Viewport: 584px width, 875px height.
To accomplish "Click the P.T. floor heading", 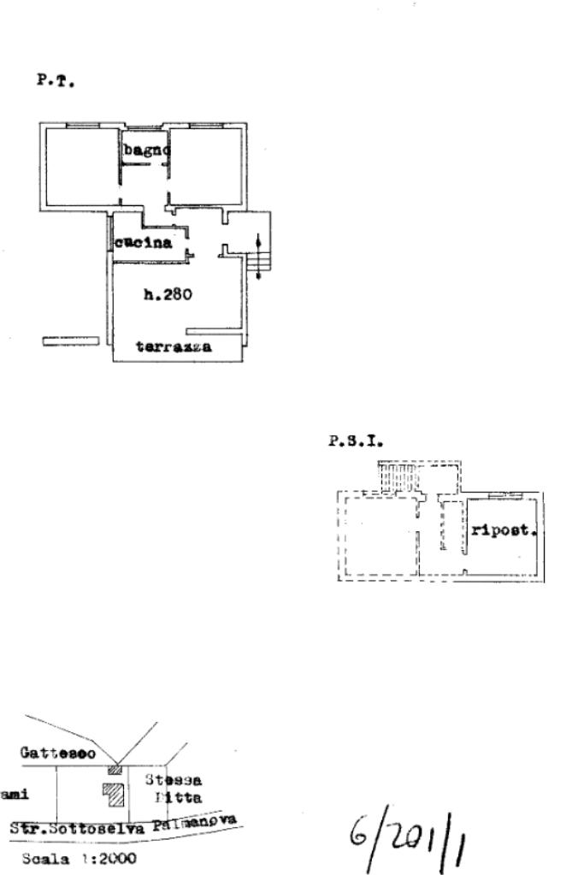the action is click(56, 82).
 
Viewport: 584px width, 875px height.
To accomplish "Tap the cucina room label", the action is click(145, 243).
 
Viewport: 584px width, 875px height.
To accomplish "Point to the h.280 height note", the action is click(168, 296).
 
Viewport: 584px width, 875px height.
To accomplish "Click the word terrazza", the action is click(174, 348).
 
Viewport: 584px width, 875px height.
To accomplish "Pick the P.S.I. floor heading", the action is click(356, 442).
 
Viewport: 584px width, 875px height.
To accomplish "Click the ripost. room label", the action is click(504, 529).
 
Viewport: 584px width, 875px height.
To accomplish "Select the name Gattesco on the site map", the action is click(58, 754).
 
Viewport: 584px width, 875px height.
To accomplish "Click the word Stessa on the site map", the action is click(174, 780).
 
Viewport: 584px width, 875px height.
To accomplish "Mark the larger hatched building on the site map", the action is click(115, 794).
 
